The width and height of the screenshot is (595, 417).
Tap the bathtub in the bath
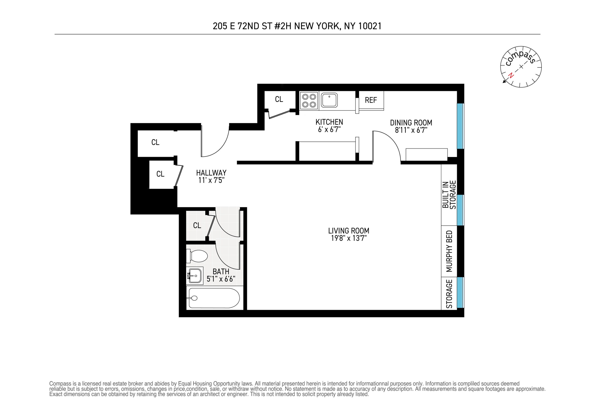click(x=214, y=298)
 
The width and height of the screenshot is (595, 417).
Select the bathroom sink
click(x=195, y=276)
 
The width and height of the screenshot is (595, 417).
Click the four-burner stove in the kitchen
click(x=309, y=101)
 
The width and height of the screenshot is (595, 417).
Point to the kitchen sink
click(x=329, y=100)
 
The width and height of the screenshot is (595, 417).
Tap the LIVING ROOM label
click(x=349, y=231)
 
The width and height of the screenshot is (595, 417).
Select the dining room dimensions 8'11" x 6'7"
click(x=411, y=130)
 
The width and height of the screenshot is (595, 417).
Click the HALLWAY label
click(x=211, y=173)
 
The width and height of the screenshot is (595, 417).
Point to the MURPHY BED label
click(x=449, y=251)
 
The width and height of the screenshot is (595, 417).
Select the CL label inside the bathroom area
click(x=197, y=225)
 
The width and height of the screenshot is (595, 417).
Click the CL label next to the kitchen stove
click(x=279, y=99)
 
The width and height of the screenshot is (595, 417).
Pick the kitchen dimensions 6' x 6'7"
click(x=329, y=130)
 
